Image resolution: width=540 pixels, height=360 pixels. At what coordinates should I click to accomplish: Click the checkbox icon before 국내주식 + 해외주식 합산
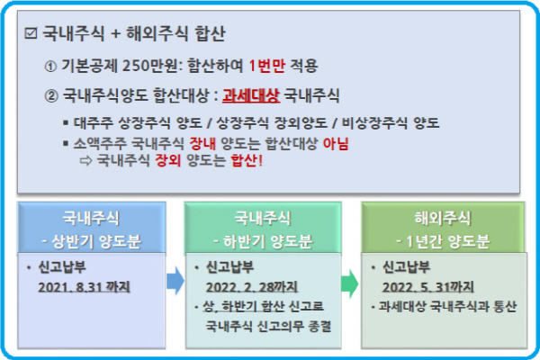pyautogui.click(x=31, y=33)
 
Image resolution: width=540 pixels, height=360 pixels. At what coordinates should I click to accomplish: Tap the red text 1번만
pyautogui.click(x=266, y=66)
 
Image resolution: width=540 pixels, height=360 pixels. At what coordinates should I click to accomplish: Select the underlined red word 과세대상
pyautogui.click(x=251, y=95)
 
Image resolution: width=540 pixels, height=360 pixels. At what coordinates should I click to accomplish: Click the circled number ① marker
pyautogui.click(x=50, y=66)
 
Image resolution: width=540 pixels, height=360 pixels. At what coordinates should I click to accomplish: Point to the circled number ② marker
pyautogui.click(x=51, y=96)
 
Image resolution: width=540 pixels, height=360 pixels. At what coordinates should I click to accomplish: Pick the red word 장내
pyautogui.click(x=202, y=143)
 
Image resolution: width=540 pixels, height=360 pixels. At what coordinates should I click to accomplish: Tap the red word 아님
pyautogui.click(x=336, y=143)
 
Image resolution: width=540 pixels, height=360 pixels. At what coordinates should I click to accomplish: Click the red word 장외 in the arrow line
pyautogui.click(x=167, y=160)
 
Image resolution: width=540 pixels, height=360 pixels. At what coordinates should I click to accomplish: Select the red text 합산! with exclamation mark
pyautogui.click(x=247, y=160)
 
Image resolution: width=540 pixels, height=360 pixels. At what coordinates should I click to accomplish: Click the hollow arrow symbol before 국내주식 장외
pyautogui.click(x=85, y=161)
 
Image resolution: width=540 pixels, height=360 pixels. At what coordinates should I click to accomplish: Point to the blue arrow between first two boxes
pyautogui.click(x=175, y=281)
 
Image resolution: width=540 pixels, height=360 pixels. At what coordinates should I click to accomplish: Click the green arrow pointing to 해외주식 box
pyautogui.click(x=349, y=283)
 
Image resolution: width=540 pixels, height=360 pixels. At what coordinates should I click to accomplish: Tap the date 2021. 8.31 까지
pyautogui.click(x=84, y=287)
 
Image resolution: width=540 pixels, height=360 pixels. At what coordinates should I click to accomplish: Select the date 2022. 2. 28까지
pyautogui.click(x=252, y=287)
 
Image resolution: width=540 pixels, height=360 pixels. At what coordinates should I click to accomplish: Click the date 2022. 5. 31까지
pyautogui.click(x=428, y=287)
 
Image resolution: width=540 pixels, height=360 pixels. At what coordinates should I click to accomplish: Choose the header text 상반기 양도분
pyautogui.click(x=96, y=241)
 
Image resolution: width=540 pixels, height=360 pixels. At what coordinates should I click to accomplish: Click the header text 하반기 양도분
pyautogui.click(x=267, y=241)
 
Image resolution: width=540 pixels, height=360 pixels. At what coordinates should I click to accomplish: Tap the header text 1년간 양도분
pyautogui.click(x=447, y=241)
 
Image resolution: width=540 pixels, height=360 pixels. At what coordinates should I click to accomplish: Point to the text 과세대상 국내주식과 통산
pyautogui.click(x=447, y=306)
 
